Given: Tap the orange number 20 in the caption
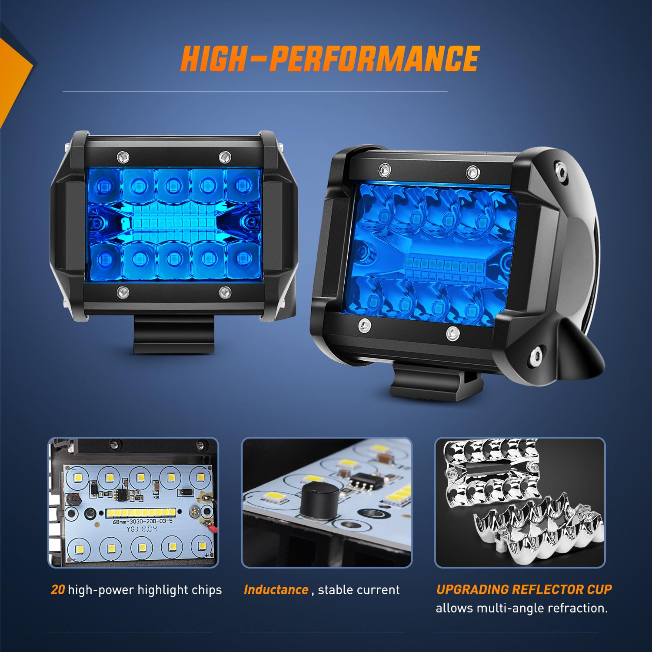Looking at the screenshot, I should (57, 590).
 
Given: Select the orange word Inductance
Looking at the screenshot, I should (276, 590).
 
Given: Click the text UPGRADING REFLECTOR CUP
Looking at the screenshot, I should (524, 589).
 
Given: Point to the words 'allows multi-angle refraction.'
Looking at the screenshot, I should (522, 608).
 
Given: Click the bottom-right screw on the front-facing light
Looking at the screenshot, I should (224, 293).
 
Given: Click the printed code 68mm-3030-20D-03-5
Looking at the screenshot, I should (142, 521).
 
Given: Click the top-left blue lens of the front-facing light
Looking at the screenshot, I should (103, 186).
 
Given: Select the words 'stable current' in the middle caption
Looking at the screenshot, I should (359, 590).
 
